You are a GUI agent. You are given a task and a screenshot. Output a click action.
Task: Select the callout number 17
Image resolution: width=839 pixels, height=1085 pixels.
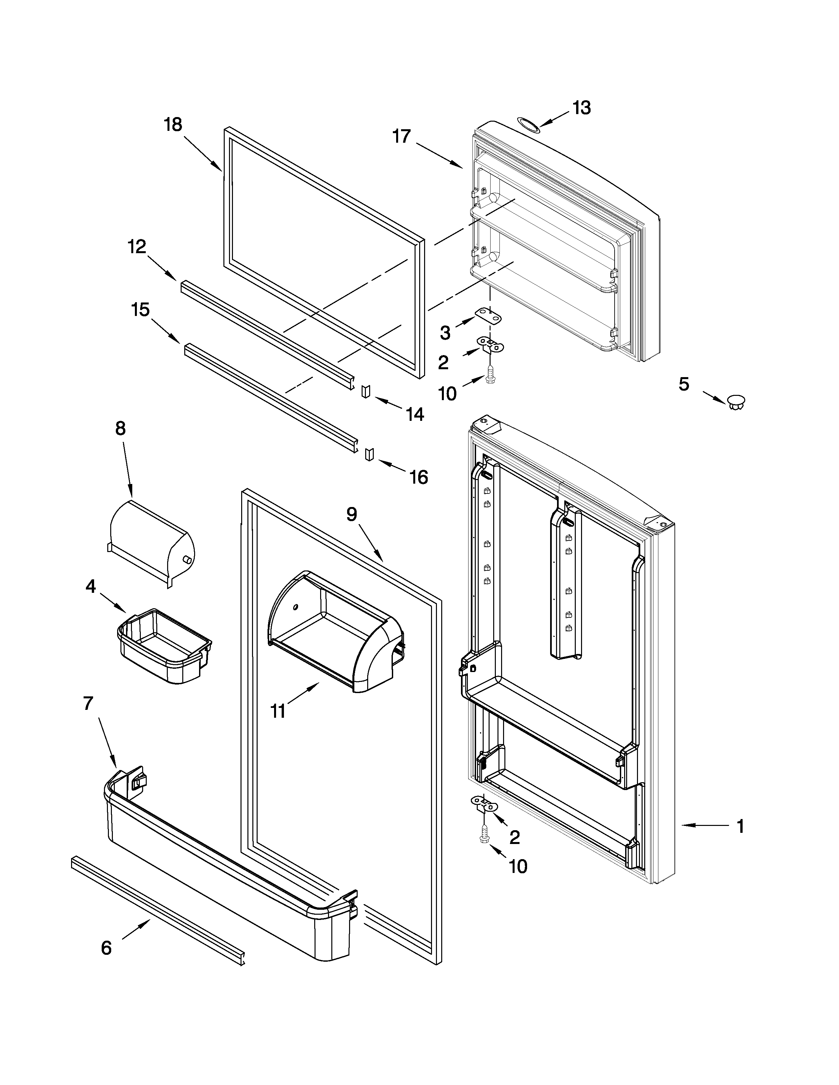click(402, 135)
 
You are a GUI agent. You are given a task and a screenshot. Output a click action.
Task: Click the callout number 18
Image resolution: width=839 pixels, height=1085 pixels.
click(173, 124)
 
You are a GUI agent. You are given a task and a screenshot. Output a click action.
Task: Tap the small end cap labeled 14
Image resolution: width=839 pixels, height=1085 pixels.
click(366, 391)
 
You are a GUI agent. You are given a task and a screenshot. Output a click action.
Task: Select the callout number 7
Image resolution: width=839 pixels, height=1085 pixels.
click(88, 704)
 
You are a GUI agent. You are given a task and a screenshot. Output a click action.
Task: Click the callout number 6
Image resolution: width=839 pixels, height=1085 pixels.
click(106, 948)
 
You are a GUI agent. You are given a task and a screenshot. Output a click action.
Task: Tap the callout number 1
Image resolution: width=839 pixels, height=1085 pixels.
click(740, 826)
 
